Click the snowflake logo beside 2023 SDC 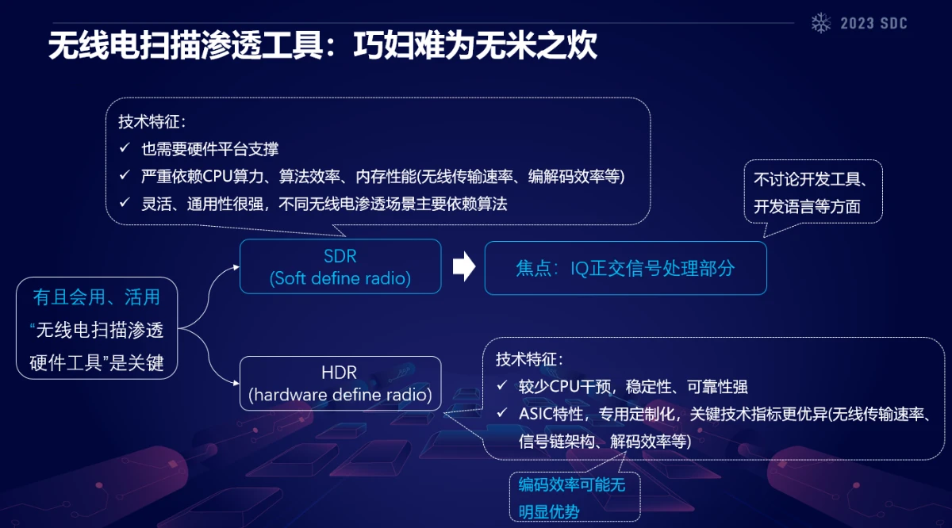point(820,23)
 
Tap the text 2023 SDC point(873,23)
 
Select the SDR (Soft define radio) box point(340,266)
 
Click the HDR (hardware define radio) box point(340,384)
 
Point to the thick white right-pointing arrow point(463,266)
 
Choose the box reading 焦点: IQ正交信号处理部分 point(626,268)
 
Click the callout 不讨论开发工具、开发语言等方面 point(813,192)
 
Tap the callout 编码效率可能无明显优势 point(574,497)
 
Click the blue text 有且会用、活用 point(97,297)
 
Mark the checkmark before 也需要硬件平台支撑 point(125,147)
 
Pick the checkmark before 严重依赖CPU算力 point(125,175)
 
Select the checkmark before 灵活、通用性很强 point(125,203)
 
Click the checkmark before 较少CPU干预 point(502,385)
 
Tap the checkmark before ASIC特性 point(502,412)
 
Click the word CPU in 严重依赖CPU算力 point(217,177)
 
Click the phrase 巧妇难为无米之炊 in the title point(475,45)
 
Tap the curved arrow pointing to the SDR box point(208,293)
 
